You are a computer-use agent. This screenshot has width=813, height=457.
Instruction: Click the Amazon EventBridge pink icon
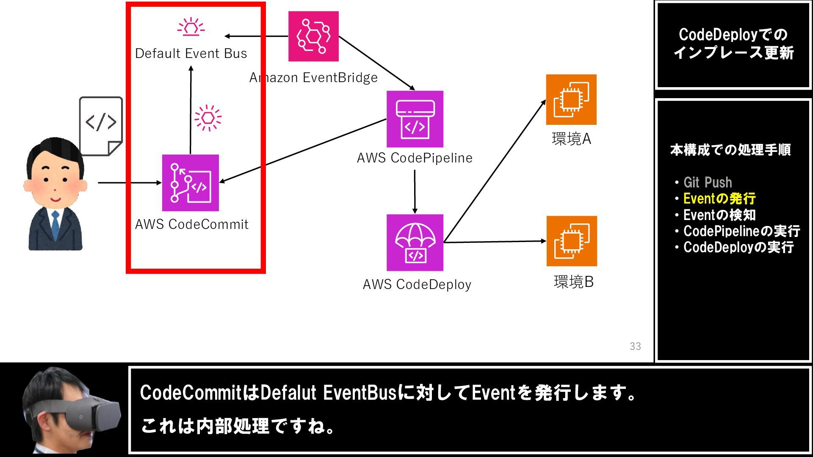tap(313, 36)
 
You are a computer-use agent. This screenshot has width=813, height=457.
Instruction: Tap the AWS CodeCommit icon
tap(191, 183)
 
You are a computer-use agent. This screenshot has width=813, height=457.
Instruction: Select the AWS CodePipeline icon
tap(415, 119)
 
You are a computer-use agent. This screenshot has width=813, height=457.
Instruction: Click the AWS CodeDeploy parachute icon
tap(415, 242)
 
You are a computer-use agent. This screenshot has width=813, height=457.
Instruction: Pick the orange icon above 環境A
tap(571, 99)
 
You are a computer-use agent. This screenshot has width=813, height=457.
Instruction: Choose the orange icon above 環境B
tap(572, 241)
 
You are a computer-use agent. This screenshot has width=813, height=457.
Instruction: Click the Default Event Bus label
tap(191, 54)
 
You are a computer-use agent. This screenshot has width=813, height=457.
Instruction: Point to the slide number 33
tap(635, 347)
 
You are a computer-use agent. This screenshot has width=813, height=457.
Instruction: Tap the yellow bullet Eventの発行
tap(719, 198)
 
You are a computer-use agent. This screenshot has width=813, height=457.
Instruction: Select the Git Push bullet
tap(708, 182)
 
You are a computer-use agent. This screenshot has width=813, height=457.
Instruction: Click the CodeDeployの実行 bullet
tap(738, 247)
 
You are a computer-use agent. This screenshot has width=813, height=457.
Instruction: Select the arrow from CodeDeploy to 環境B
tap(495, 242)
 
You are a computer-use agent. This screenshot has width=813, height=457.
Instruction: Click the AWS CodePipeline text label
tap(415, 158)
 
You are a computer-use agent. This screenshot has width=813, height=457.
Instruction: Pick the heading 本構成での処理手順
tap(730, 150)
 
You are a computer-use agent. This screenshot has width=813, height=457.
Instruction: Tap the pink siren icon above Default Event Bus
tap(191, 27)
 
